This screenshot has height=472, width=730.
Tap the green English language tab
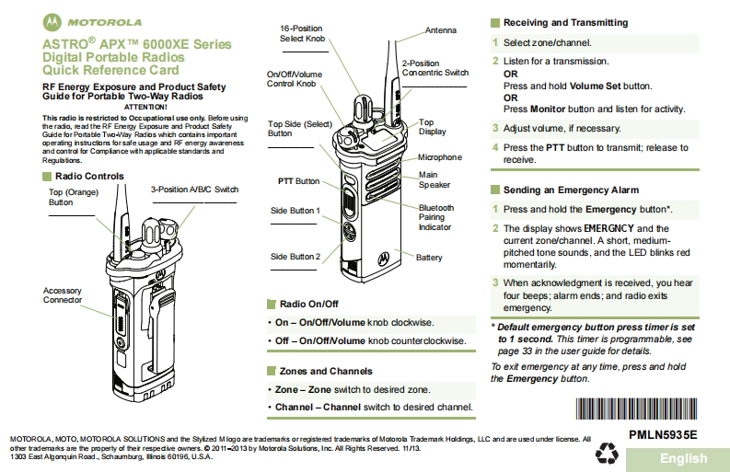683,458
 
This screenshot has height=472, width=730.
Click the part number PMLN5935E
663,434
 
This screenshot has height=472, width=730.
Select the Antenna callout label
440,30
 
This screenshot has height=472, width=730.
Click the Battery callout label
429,258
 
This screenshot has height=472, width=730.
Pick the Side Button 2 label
295,257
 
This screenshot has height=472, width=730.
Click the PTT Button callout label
298,181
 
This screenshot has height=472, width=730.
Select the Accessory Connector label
63,295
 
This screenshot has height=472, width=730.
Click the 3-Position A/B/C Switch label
194,190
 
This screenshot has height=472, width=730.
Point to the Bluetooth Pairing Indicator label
436,217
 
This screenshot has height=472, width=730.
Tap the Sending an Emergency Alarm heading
571,190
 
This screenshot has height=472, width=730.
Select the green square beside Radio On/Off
271,304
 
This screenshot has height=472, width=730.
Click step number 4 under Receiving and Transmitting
495,147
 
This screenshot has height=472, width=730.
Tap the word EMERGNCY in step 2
610,228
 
